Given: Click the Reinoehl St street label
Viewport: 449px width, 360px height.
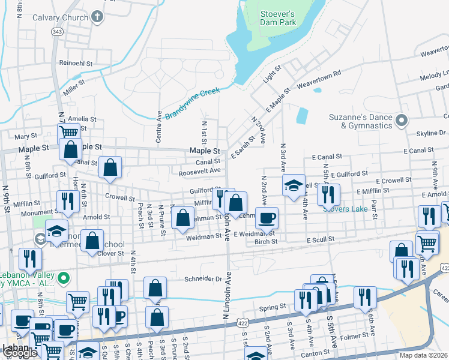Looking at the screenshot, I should [76, 63].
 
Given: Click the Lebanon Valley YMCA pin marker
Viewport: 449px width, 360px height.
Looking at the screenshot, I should [67, 278].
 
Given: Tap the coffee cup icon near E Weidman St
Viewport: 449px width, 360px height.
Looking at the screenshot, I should [267, 218].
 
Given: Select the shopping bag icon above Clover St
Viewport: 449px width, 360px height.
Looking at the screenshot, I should [91, 241].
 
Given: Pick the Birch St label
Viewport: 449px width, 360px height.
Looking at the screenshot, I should [265, 241].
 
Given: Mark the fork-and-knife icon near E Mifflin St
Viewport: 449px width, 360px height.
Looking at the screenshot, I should [328, 194].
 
